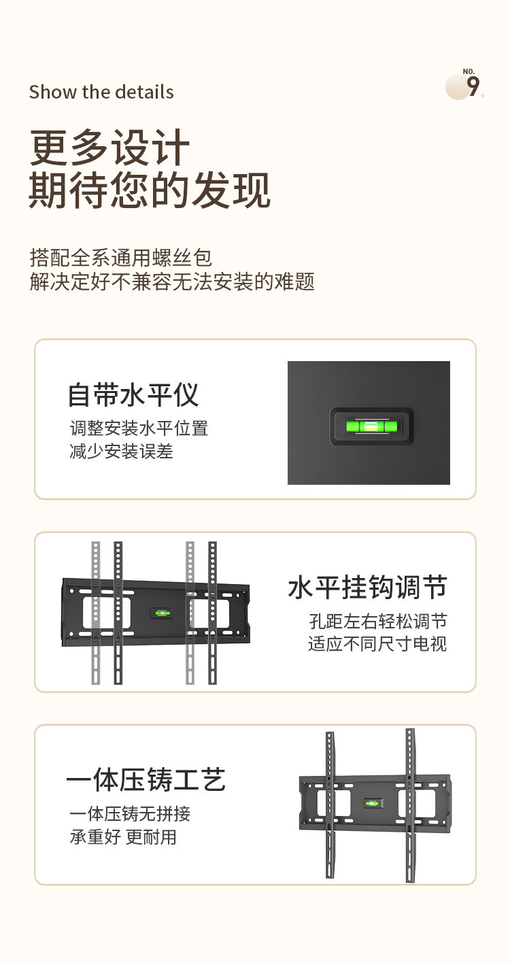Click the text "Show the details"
[x=101, y=92]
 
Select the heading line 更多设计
[x=109, y=148]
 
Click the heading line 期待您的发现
[x=150, y=190]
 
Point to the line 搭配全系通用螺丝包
[x=121, y=258]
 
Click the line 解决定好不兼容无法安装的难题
[x=172, y=281]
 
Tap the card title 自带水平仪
[x=133, y=395]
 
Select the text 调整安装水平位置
[x=139, y=428]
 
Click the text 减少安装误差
[x=121, y=450]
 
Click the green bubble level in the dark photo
[x=371, y=427]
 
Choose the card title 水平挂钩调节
[x=367, y=588]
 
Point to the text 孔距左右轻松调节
[x=377, y=621]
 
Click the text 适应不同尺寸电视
[x=377, y=643]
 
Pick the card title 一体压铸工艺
[x=146, y=780]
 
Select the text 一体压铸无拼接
[x=130, y=813]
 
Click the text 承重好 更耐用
[x=123, y=836]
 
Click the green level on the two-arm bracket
[x=373, y=804]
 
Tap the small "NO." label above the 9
[x=469, y=71]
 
